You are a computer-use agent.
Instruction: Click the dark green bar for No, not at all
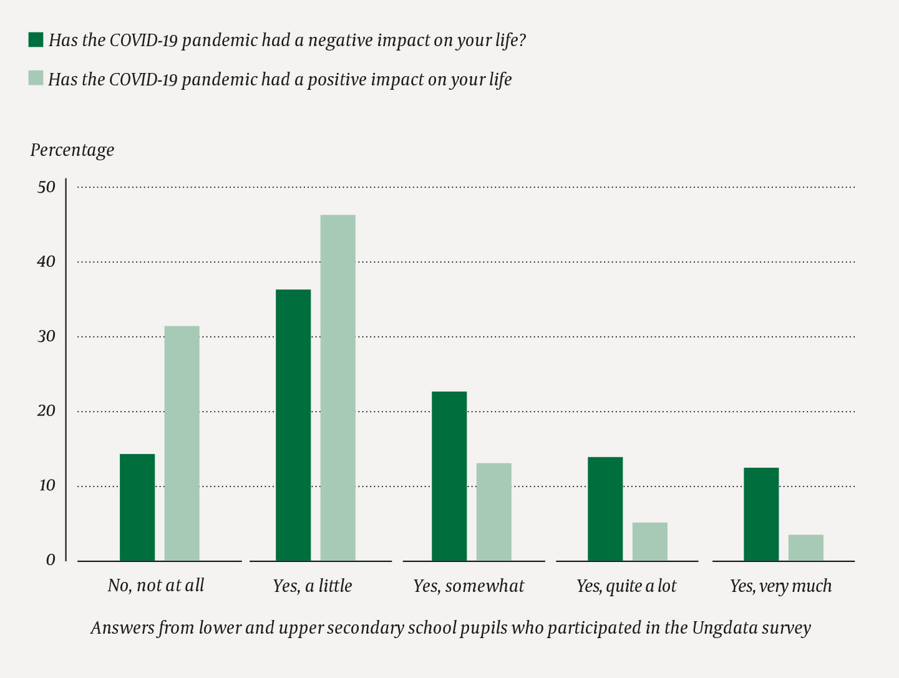137,507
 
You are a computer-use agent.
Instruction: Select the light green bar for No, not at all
182,443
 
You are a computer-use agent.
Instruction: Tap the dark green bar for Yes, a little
293,425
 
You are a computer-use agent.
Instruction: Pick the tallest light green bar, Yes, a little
338,388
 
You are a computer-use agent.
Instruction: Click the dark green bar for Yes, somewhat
449,476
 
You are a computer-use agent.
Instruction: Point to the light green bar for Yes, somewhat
493,511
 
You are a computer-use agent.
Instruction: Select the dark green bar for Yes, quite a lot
605,509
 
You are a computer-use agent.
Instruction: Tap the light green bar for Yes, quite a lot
649,541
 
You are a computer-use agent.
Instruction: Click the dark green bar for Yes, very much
761,514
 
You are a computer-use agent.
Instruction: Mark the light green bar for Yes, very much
805,548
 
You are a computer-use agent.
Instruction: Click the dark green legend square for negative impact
36,40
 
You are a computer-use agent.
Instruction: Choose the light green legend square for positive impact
36,79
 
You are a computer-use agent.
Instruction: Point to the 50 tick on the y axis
47,186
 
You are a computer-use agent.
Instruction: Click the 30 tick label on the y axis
47,336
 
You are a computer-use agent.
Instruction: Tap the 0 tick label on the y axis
51,560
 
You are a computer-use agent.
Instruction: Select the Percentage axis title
72,150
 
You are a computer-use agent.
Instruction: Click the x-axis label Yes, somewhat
469,586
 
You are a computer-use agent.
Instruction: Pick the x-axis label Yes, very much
780,586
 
